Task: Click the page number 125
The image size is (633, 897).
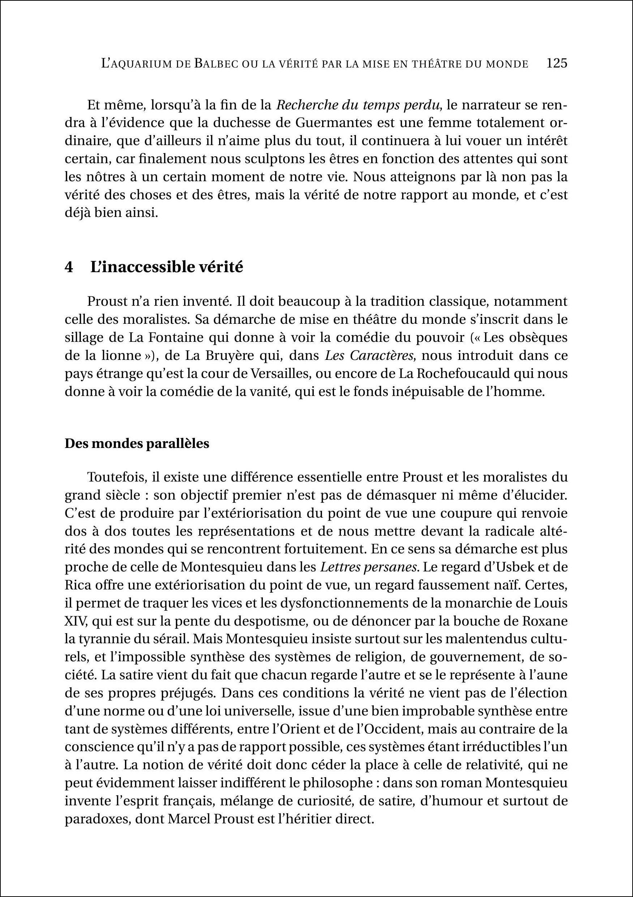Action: pyautogui.click(x=557, y=63)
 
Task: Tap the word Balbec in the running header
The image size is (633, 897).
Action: pyautogui.click(x=216, y=64)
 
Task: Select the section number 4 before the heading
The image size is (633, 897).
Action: pyautogui.click(x=69, y=267)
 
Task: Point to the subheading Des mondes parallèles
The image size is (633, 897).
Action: pyautogui.click(x=137, y=444)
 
